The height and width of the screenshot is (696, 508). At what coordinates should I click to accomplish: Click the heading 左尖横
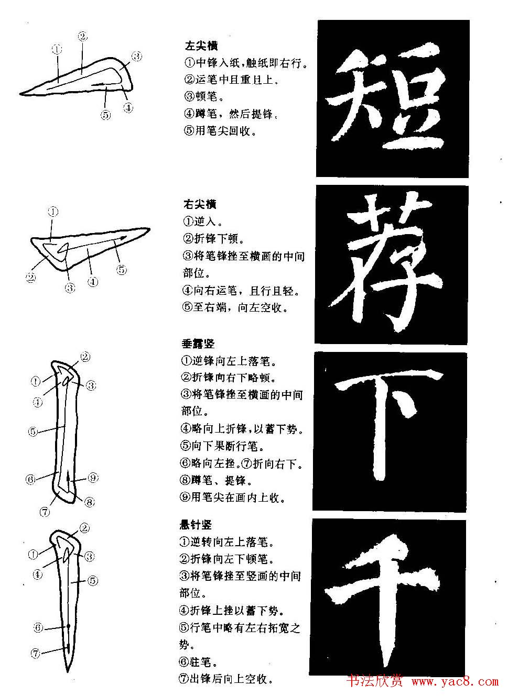tap(201, 47)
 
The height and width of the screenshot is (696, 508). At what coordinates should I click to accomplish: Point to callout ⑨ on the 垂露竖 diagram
tap(93, 478)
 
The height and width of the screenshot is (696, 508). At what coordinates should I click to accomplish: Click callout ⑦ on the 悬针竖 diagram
tap(36, 653)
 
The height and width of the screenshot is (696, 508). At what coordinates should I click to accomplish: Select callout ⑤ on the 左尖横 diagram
tap(106, 115)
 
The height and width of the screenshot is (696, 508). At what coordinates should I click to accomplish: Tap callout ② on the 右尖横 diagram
tap(31, 278)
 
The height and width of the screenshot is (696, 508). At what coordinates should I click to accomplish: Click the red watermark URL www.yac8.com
tap(455, 681)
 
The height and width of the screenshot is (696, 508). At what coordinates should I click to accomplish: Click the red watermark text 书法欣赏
tap(375, 681)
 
